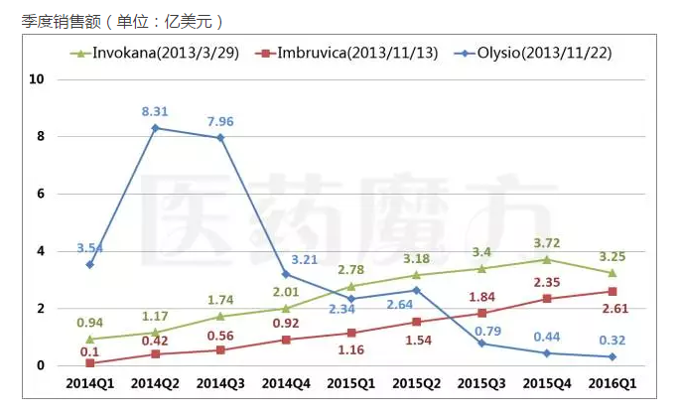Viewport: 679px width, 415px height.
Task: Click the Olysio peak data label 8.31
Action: (154, 112)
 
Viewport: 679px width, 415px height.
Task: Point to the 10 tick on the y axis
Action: (41, 79)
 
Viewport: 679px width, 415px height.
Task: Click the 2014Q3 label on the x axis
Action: (220, 382)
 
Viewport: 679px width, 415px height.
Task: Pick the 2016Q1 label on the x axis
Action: (612, 382)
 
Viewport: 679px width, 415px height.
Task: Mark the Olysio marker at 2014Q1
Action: (90, 264)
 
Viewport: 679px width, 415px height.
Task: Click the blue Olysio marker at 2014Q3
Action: (220, 137)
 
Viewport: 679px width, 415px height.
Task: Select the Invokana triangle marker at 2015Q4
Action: (547, 259)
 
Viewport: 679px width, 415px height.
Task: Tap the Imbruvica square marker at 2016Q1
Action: (612, 291)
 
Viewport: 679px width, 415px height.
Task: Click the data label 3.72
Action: (547, 242)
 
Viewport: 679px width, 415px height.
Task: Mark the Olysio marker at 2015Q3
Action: (481, 344)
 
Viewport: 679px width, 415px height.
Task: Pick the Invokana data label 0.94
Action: (90, 322)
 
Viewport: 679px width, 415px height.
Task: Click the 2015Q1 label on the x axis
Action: (350, 382)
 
